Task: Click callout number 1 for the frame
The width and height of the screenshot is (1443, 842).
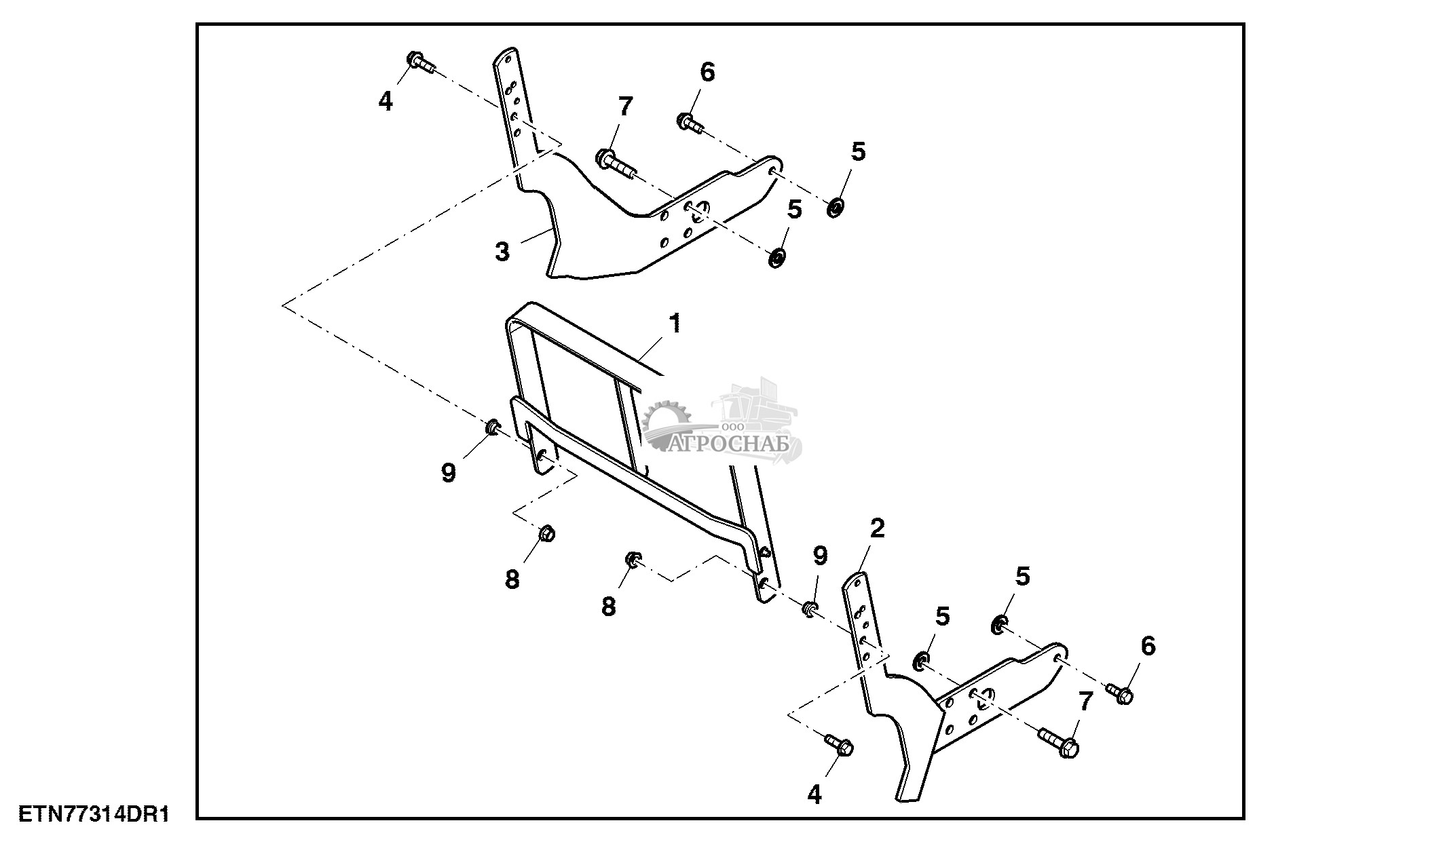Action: pyautogui.click(x=674, y=323)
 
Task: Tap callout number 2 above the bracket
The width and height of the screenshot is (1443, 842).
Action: pyautogui.click(x=877, y=529)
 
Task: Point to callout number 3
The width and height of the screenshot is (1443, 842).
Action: pyautogui.click(x=502, y=252)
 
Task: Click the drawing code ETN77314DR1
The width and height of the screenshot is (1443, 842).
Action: pyautogui.click(x=93, y=814)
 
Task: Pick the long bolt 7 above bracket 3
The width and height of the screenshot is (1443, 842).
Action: pyautogui.click(x=614, y=163)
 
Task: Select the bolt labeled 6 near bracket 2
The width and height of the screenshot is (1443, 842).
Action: pyautogui.click(x=1121, y=693)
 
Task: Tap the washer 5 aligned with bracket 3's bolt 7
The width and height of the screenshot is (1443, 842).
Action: pyautogui.click(x=776, y=257)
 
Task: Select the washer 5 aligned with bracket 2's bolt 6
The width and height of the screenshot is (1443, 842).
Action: pyautogui.click(x=998, y=623)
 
